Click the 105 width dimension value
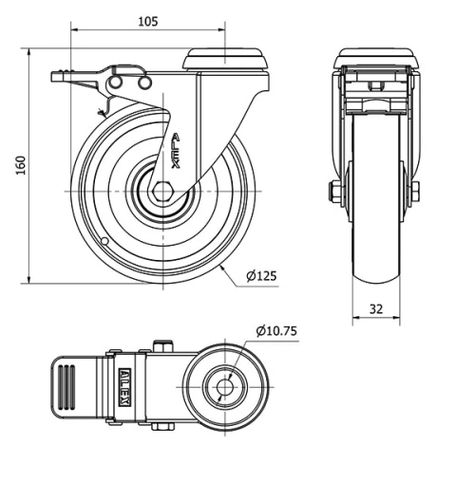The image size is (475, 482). point(148,22)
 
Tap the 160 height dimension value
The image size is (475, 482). point(21,165)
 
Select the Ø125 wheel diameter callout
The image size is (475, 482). point(261,276)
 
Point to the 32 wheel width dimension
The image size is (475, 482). point(376,308)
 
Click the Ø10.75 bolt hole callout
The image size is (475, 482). point(276,331)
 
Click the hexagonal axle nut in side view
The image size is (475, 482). point(162,192)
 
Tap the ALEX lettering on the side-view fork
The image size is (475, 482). point(176,151)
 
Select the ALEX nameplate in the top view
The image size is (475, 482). point(124,387)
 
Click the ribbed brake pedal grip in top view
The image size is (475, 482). point(66,387)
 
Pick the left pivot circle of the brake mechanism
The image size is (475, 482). point(115,83)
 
